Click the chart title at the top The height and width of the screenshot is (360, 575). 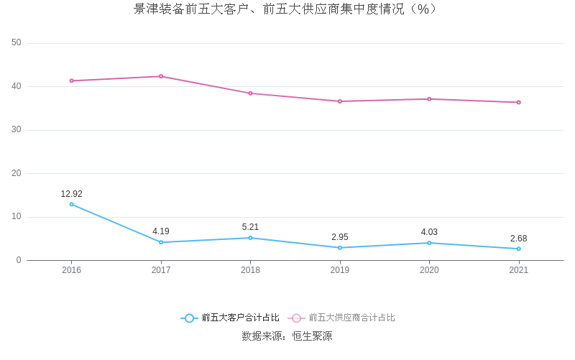[285, 9]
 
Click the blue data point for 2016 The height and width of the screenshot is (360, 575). [71, 204]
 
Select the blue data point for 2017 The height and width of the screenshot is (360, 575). [161, 242]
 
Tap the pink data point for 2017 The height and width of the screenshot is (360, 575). [161, 76]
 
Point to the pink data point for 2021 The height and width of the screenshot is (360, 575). [518, 102]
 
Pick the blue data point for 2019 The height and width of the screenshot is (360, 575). [340, 248]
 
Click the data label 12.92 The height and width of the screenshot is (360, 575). [71, 194]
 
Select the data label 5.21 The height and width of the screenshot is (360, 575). [250, 227]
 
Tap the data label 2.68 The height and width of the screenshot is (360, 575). [518, 239]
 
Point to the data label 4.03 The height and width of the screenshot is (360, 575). [429, 232]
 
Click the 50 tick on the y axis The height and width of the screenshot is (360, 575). [17, 43]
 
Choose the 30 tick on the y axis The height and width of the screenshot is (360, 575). [17, 130]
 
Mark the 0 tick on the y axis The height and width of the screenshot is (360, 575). [19, 260]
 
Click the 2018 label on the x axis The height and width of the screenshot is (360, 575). [250, 270]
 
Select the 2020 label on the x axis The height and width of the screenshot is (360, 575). [429, 270]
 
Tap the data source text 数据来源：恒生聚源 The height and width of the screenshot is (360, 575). [287, 336]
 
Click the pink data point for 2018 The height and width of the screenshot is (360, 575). [250, 93]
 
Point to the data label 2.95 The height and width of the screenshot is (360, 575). [340, 237]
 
